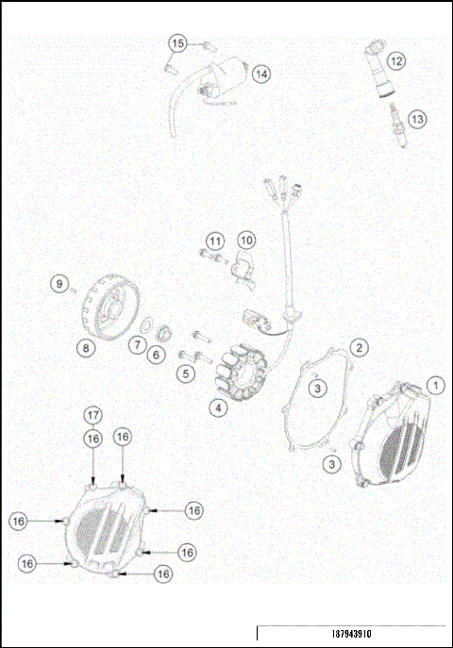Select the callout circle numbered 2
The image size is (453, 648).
point(360,347)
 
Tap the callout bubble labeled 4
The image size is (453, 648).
point(218,408)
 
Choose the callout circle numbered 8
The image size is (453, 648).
point(86,348)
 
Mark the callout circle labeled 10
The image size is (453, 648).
point(245,241)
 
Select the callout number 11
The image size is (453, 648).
point(215,241)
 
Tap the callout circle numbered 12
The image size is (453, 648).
point(396,60)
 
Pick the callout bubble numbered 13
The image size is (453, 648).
point(416,119)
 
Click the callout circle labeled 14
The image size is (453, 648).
point(260,74)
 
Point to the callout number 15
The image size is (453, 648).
point(177,43)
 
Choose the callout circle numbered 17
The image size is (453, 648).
point(92,415)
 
